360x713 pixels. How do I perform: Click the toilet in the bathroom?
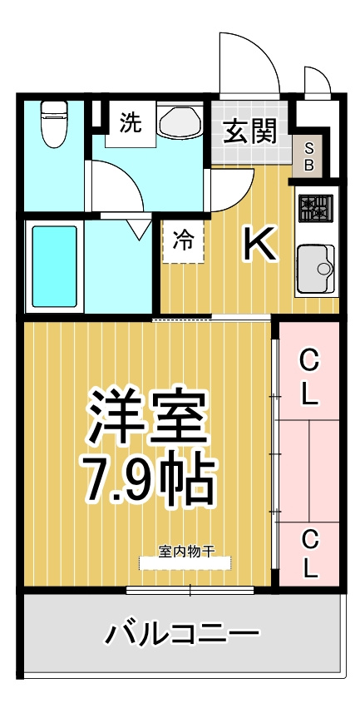(54, 124)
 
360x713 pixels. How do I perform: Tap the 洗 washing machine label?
(131, 123)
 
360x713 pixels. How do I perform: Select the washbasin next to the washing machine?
(180, 120)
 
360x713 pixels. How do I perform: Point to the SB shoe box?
(308, 156)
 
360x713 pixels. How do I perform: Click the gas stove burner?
(315, 208)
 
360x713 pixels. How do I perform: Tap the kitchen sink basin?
(316, 269)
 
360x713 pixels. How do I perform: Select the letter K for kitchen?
(260, 244)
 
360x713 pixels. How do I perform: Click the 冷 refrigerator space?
(183, 241)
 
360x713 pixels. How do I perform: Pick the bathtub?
(55, 266)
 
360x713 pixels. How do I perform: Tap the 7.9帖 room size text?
(147, 479)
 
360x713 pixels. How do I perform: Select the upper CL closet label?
(309, 379)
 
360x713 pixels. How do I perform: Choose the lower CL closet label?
(309, 554)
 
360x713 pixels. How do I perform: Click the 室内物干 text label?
(186, 551)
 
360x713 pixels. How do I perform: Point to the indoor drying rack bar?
(185, 563)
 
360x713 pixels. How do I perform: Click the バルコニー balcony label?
(182, 633)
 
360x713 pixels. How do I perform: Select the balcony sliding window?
(190, 590)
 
